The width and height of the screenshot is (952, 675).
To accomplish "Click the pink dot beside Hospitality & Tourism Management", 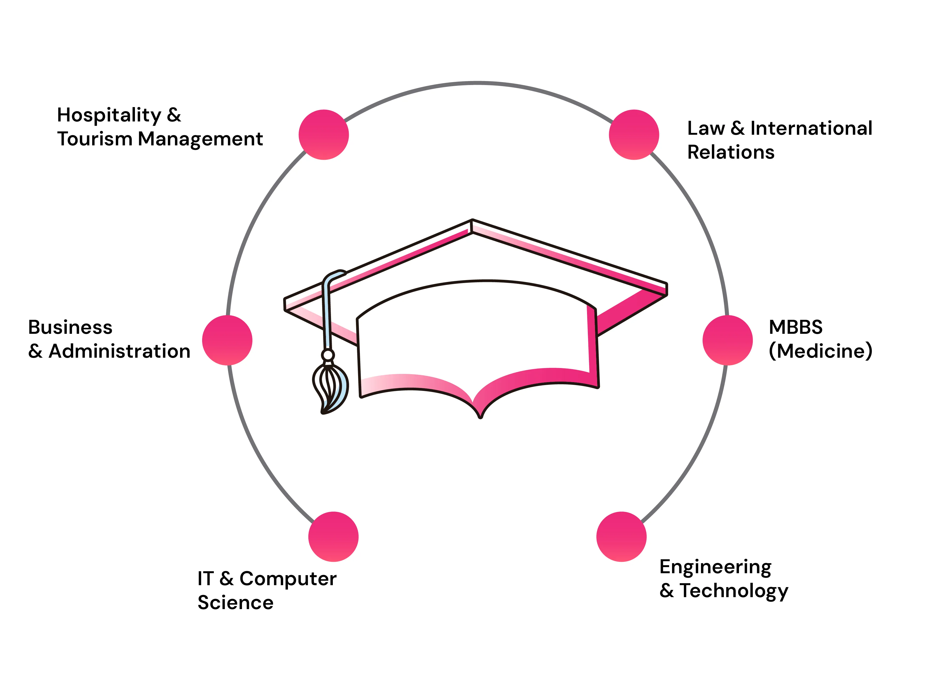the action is point(324,135).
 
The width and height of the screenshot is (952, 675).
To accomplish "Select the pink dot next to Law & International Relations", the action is point(634,135).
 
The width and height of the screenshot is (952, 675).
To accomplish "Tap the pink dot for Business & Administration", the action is point(227,340).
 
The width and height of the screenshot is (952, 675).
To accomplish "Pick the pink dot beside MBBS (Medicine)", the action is point(728,340).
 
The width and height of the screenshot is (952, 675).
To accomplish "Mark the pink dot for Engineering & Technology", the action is point(621,537).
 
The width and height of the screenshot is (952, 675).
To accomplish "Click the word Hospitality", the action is point(109,116).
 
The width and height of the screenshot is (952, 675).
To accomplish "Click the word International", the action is point(811,128).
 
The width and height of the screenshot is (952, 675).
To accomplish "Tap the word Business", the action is point(70,327).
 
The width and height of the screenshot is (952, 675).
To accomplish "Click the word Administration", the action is point(120,351).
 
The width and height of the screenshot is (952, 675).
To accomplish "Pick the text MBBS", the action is point(795,327).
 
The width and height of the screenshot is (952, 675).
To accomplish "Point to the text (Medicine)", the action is point(820,351).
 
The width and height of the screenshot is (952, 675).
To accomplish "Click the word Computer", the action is point(288,579).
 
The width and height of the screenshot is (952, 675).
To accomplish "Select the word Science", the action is point(236,603).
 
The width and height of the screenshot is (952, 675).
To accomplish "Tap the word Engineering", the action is point(716,568).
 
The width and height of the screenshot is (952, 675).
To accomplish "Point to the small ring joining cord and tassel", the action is point(328,355).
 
